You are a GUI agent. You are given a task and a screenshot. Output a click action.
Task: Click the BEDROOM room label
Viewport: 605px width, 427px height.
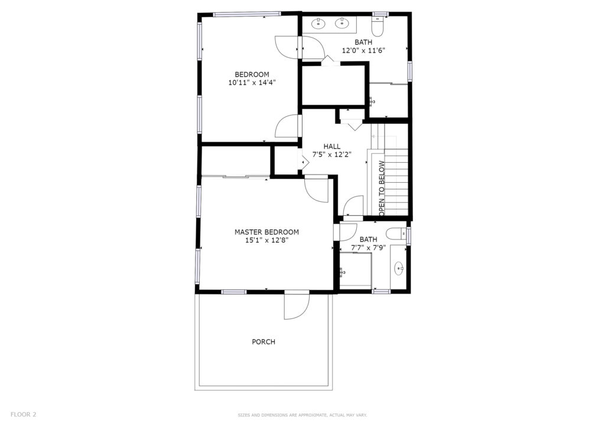click(252, 74)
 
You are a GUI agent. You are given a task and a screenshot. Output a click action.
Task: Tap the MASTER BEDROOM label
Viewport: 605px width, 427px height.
click(266, 232)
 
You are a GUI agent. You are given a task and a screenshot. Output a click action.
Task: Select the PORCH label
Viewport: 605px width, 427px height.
click(264, 342)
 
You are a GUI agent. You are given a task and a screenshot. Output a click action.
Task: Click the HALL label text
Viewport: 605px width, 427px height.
click(332, 146)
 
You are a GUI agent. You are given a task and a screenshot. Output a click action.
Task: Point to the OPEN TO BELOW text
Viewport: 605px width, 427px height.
click(382, 188)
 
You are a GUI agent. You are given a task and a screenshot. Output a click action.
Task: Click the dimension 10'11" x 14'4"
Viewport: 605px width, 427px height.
click(252, 83)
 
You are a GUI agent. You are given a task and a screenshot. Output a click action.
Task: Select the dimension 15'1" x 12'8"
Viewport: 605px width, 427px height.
click(266, 240)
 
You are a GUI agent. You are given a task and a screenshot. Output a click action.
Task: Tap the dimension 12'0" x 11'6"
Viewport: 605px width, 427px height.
click(364, 50)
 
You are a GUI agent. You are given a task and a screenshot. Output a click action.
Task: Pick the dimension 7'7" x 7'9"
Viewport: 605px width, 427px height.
click(369, 248)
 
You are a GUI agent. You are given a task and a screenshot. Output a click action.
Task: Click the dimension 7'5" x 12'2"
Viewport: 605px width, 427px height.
click(332, 155)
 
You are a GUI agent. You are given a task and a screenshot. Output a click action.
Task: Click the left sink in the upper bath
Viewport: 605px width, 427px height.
click(318, 24)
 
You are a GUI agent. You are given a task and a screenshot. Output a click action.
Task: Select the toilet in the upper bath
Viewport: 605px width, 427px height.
click(377, 27)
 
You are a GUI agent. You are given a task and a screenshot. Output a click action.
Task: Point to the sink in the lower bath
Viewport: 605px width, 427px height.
click(399, 268)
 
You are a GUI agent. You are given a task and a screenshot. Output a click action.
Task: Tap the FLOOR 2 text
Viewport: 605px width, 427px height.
click(23, 415)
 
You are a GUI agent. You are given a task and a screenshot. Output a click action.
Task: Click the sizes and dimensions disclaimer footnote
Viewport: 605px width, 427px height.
click(302, 415)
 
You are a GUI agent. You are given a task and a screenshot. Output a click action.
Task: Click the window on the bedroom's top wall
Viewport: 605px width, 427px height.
click(248, 15)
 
